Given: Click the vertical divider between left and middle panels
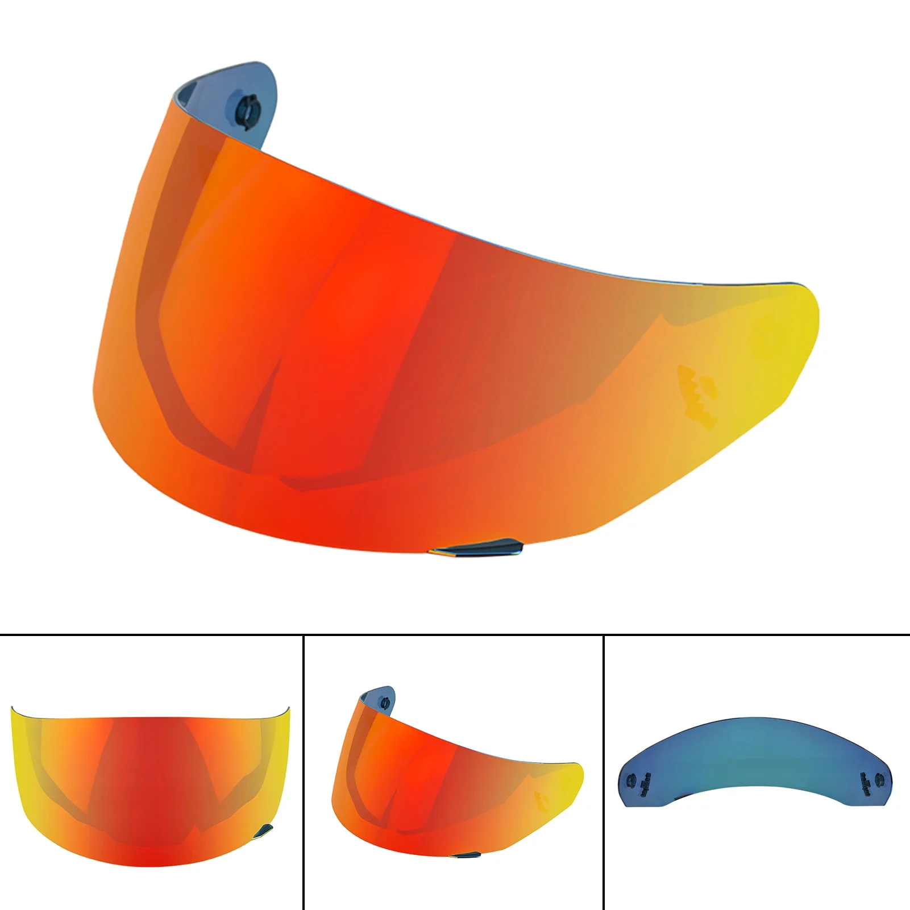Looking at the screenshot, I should (x=304, y=773).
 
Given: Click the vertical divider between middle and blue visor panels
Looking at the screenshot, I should (x=602, y=773).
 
